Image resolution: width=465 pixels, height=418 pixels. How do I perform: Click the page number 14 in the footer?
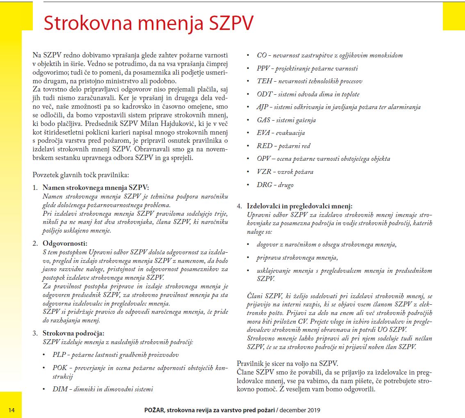point(11,410)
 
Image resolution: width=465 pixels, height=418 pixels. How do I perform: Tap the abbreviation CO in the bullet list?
point(261,55)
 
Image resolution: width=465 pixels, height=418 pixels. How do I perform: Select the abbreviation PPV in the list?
point(263,69)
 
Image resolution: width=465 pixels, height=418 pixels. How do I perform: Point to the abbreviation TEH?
point(264,81)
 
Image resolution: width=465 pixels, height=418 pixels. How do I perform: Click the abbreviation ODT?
point(264,94)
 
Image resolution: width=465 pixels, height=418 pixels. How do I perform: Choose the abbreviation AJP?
point(263,107)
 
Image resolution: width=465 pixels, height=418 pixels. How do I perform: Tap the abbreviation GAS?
point(264,120)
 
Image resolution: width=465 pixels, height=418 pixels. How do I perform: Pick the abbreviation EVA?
point(264,133)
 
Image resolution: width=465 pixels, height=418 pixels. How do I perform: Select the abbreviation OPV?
point(264,159)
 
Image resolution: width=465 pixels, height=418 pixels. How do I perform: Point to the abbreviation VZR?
point(264,172)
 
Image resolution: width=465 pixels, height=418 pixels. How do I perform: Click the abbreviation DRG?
point(264,185)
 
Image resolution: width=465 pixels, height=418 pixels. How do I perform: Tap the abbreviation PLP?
point(59,354)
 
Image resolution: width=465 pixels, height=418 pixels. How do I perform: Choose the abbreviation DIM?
point(60,389)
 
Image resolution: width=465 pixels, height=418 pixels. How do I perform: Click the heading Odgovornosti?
point(65,243)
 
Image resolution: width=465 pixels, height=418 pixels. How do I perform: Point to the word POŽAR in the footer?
point(154,410)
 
